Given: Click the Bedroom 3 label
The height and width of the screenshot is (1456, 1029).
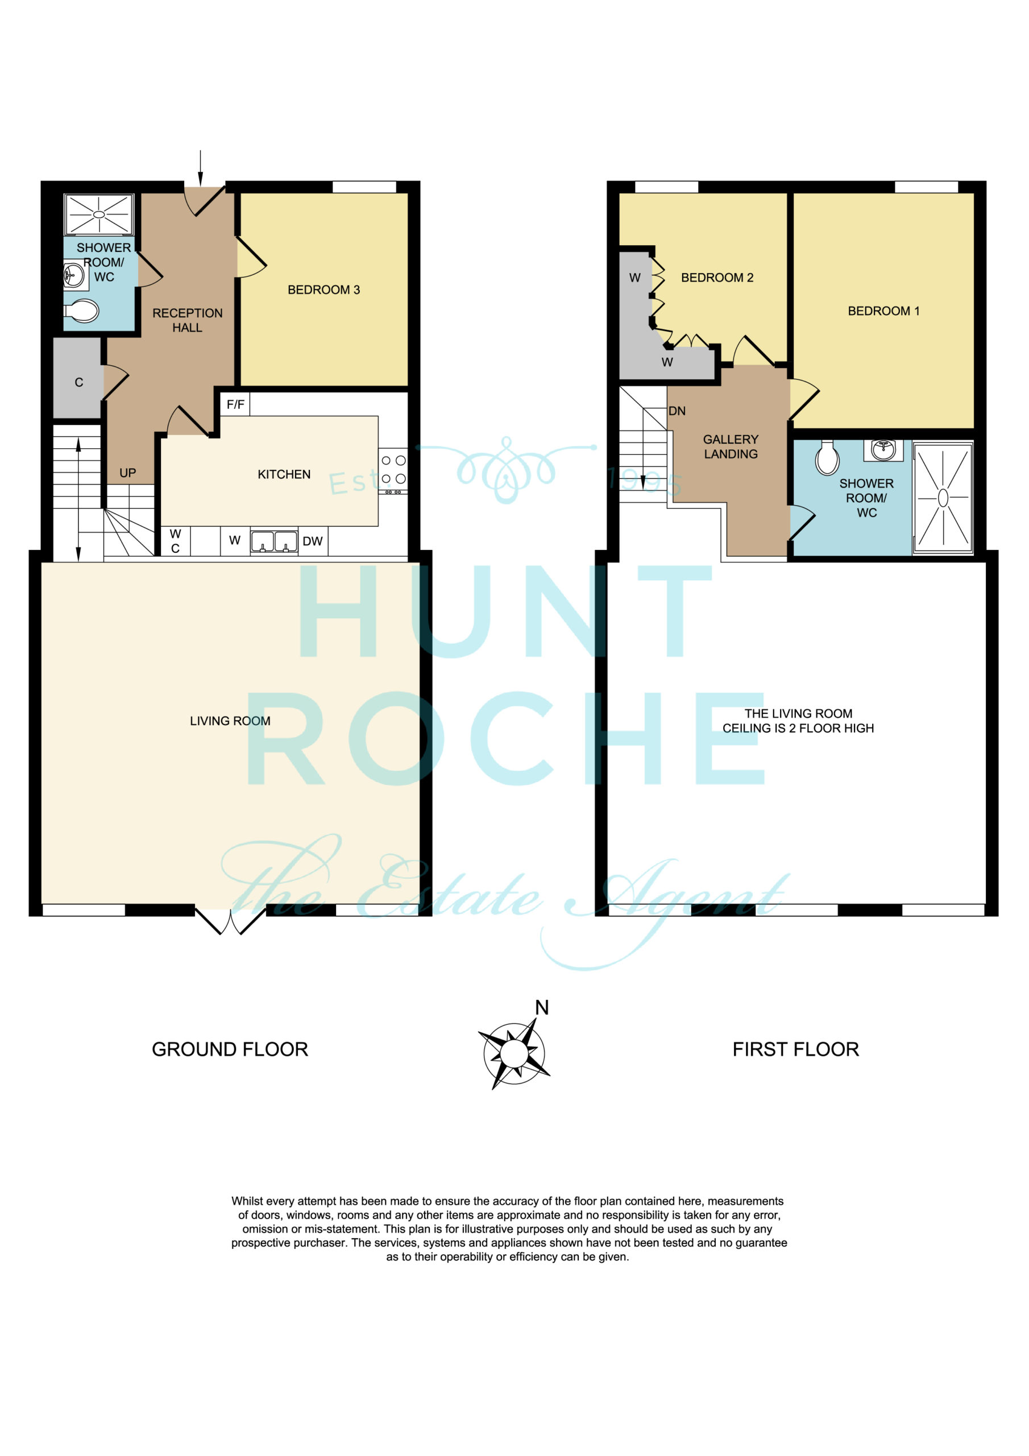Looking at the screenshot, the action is (x=323, y=290).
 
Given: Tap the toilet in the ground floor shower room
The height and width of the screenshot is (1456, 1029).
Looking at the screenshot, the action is (x=82, y=311).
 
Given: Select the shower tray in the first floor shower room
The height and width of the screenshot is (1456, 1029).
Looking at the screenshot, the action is (x=943, y=498).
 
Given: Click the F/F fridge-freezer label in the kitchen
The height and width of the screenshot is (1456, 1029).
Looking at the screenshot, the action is (x=235, y=404).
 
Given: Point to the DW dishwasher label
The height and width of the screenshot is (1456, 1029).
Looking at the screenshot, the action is (x=313, y=541).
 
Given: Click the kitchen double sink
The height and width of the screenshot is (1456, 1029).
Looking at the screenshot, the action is (x=274, y=542).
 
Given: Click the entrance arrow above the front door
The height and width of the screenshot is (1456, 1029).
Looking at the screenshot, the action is (x=200, y=168).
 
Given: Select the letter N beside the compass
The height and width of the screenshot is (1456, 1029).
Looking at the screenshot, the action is (x=541, y=1007).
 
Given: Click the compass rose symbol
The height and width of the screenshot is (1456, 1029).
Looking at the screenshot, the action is (x=513, y=1053).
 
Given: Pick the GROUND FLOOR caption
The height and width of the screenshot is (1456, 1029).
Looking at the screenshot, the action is (x=230, y=1049).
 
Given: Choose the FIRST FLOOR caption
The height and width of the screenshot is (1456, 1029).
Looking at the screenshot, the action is (x=796, y=1049).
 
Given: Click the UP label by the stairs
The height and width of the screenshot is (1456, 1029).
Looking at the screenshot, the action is (x=127, y=473).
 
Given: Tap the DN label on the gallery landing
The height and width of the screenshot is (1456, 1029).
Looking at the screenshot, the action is (x=677, y=411).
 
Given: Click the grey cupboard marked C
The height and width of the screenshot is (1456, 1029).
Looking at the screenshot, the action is (x=77, y=378).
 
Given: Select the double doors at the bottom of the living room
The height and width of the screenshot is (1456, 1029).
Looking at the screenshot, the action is (x=230, y=922).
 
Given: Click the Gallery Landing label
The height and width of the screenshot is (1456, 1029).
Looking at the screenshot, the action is (x=731, y=446).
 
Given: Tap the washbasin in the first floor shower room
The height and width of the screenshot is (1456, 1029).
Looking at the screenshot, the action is (x=883, y=450).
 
